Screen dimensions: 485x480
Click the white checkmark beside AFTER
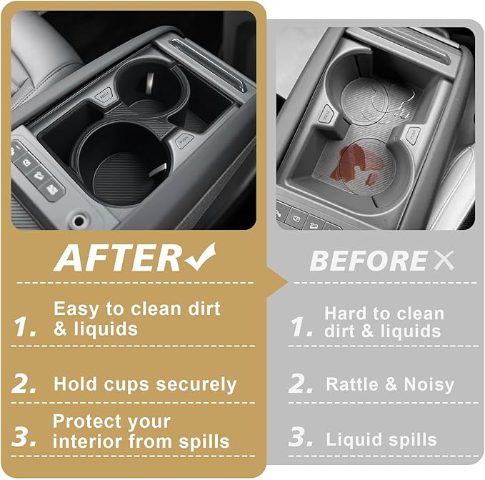(x=201, y=257)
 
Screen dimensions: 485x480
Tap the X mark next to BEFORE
(x=444, y=260)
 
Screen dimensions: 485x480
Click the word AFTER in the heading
(x=118, y=259)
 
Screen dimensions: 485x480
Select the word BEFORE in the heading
(x=369, y=261)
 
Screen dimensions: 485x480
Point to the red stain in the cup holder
(x=356, y=164)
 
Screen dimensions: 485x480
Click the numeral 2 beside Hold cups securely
(x=24, y=384)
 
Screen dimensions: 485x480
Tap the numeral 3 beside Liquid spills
(x=300, y=437)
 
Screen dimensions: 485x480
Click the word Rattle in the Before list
(x=352, y=384)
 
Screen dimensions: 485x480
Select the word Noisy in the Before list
(x=429, y=385)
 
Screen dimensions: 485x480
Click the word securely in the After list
(x=196, y=385)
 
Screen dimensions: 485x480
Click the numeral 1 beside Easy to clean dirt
(x=25, y=327)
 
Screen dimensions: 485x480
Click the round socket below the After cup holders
(x=79, y=221)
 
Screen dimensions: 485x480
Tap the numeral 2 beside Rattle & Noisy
(x=300, y=384)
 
